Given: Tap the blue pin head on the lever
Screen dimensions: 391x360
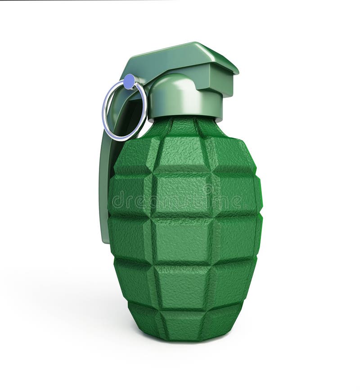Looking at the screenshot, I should pyautogui.click(x=130, y=82).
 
